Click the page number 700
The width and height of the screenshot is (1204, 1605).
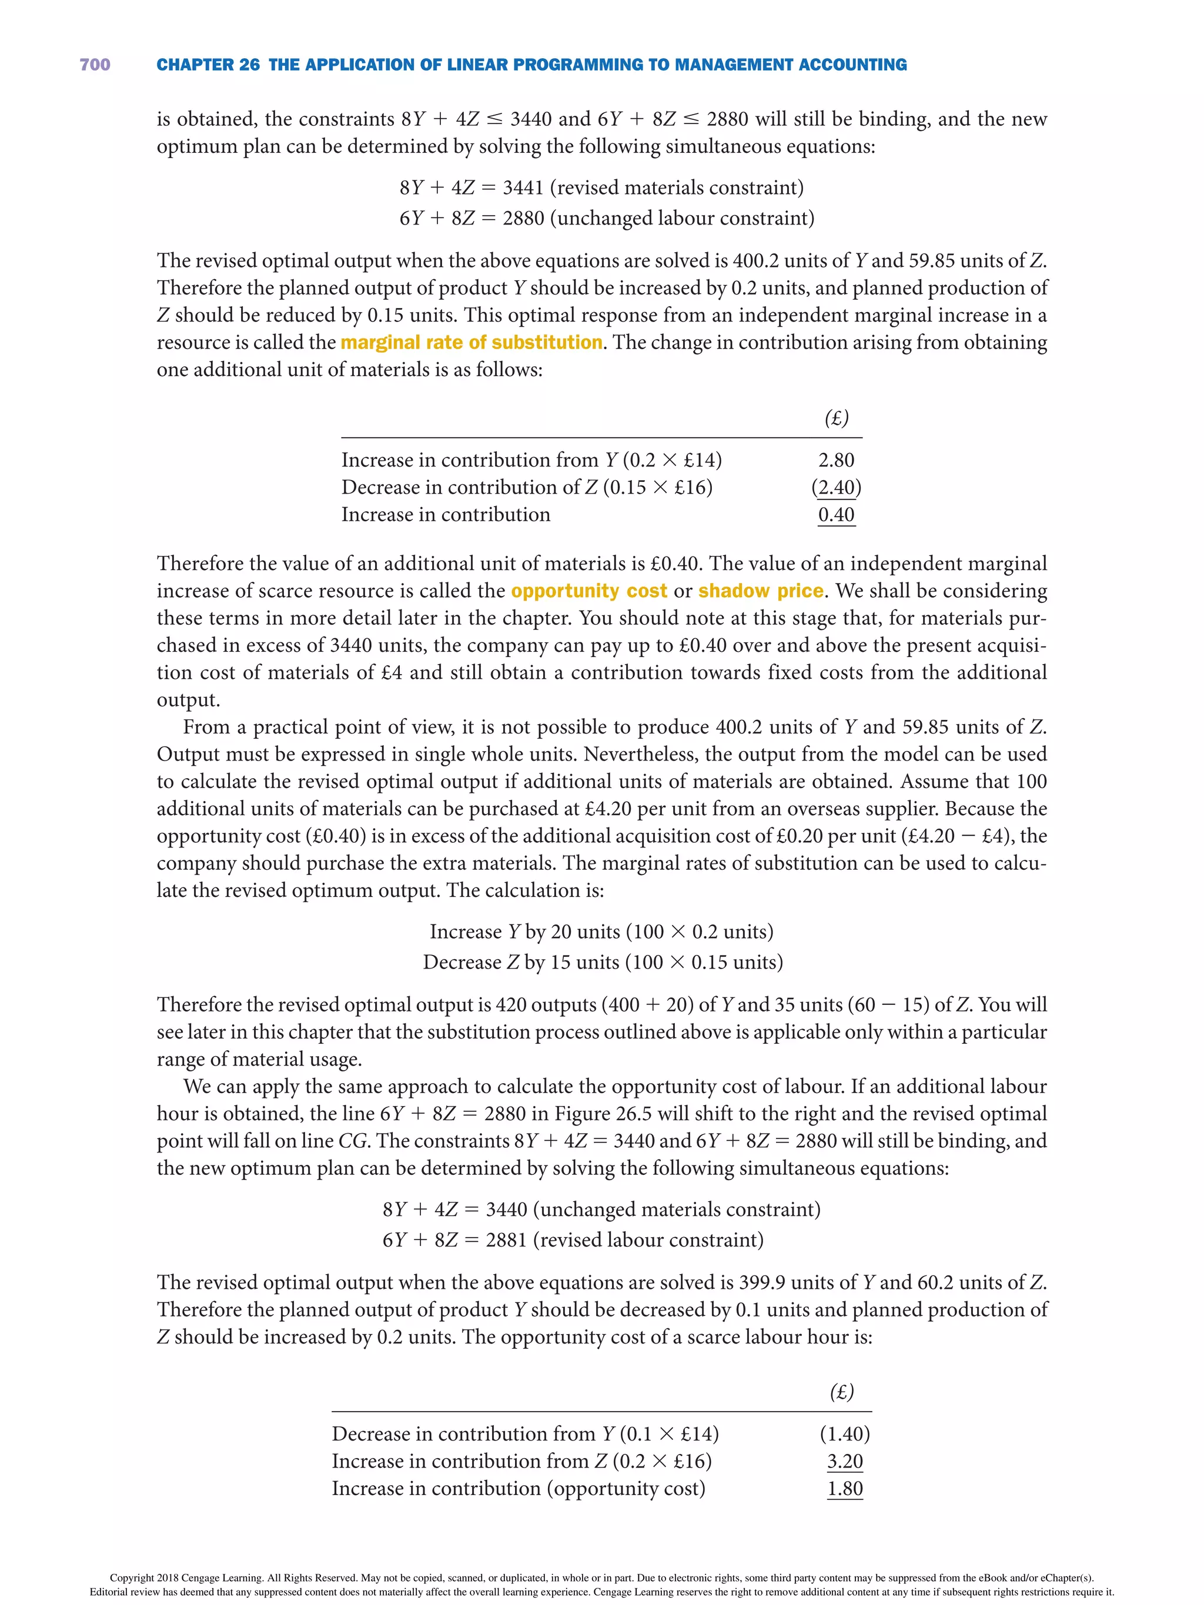tap(95, 65)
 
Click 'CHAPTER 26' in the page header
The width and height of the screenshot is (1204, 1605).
tap(208, 65)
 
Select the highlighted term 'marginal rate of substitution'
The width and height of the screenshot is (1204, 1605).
tap(471, 343)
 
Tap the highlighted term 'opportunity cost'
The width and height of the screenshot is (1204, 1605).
tap(588, 591)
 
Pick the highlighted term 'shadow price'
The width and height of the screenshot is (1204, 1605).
tap(761, 591)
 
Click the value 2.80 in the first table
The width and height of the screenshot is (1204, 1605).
tap(836, 460)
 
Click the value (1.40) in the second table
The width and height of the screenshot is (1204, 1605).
tap(845, 1434)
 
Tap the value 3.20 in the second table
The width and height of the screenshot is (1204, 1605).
tap(845, 1460)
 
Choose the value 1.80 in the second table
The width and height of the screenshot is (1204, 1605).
tap(845, 1488)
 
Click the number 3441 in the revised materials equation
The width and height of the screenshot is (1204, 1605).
tap(523, 188)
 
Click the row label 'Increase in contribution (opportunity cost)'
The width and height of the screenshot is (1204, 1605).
tap(518, 1488)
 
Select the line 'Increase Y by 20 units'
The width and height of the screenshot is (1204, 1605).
tap(601, 931)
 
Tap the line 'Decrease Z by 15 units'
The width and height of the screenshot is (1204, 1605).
tap(603, 962)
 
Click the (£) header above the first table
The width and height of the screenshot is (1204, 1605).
tap(836, 418)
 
